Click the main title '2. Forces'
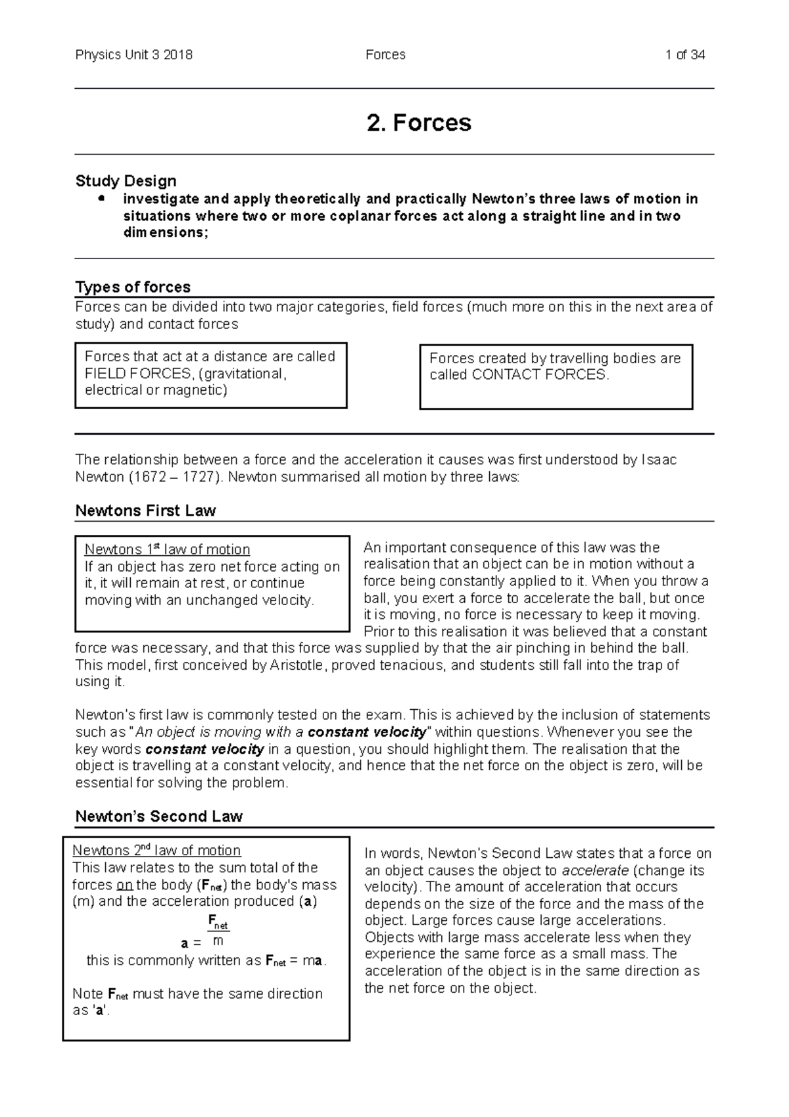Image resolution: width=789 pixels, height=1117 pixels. click(x=419, y=123)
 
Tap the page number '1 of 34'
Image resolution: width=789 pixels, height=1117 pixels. click(x=685, y=55)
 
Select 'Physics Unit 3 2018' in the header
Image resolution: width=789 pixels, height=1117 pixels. click(x=133, y=55)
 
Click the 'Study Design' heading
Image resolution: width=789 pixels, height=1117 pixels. click(x=126, y=181)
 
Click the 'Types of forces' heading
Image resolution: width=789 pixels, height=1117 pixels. click(x=133, y=287)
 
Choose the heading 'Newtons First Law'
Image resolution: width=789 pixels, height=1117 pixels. click(x=145, y=511)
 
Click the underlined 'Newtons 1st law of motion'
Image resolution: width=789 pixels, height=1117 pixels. click(x=167, y=549)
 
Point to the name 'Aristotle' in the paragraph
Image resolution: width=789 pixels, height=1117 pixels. click(x=297, y=665)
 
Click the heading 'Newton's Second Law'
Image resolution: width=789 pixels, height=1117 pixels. click(x=158, y=816)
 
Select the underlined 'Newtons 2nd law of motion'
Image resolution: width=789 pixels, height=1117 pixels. click(x=156, y=851)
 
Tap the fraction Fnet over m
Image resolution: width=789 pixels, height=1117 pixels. click(x=218, y=933)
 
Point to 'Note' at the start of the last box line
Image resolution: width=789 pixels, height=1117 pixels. click(x=87, y=993)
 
